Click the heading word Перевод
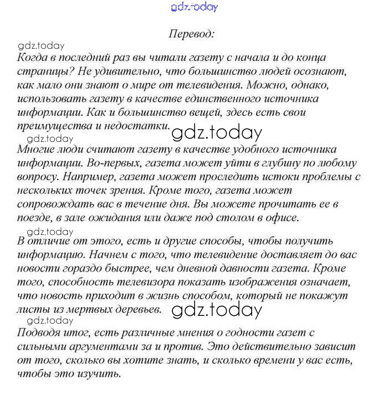click(x=191, y=33)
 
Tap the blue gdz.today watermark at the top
click(x=195, y=7)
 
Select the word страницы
click(x=38, y=71)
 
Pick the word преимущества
click(x=50, y=126)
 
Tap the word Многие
click(x=34, y=150)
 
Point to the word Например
click(x=81, y=177)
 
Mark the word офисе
click(x=284, y=218)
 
